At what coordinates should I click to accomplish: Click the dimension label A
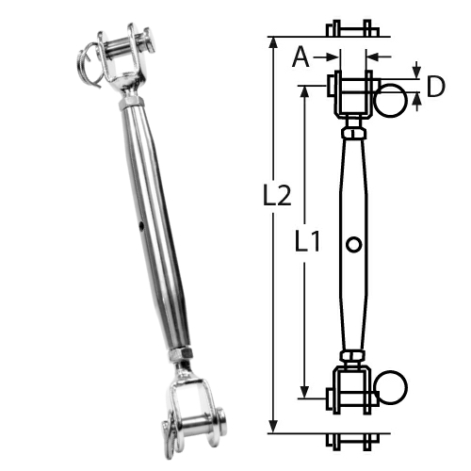click(300, 58)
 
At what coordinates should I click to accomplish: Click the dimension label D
click(436, 87)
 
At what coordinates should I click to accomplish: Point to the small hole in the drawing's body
click(352, 245)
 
